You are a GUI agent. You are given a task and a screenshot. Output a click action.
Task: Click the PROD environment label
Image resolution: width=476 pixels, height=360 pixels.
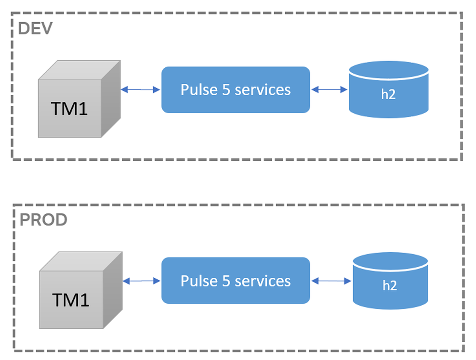(x=43, y=220)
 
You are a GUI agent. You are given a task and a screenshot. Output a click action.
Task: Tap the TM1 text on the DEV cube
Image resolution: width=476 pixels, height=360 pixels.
(x=69, y=109)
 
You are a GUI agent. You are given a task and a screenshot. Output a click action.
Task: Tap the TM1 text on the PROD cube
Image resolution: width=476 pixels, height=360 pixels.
(x=71, y=300)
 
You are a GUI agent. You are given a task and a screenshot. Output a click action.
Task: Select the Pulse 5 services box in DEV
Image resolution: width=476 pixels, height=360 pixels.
(x=235, y=90)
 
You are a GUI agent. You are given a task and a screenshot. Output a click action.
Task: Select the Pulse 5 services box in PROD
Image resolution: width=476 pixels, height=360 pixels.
(x=235, y=281)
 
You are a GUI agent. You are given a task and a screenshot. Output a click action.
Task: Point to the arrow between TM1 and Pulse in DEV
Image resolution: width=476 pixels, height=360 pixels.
(x=140, y=90)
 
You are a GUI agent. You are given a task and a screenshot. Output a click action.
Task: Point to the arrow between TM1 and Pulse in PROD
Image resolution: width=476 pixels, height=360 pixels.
(x=142, y=281)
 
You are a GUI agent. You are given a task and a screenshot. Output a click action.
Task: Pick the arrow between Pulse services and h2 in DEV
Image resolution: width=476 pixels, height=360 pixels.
(x=330, y=90)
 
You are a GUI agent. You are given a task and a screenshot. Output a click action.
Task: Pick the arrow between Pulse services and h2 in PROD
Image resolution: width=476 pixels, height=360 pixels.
(x=331, y=281)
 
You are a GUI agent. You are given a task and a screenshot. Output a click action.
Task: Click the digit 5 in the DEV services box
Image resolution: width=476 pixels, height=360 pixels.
(x=226, y=90)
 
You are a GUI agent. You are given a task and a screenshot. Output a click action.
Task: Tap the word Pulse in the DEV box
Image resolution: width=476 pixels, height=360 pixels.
(x=199, y=90)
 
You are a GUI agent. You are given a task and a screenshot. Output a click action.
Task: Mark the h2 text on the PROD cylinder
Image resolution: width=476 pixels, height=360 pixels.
(x=390, y=286)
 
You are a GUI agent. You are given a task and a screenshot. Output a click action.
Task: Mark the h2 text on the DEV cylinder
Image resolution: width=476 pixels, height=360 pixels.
(x=388, y=94)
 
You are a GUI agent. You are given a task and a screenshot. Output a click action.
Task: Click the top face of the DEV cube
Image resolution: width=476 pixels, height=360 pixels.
(x=79, y=70)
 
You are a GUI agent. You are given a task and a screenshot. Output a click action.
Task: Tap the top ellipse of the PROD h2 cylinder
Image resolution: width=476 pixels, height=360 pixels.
(x=390, y=261)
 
